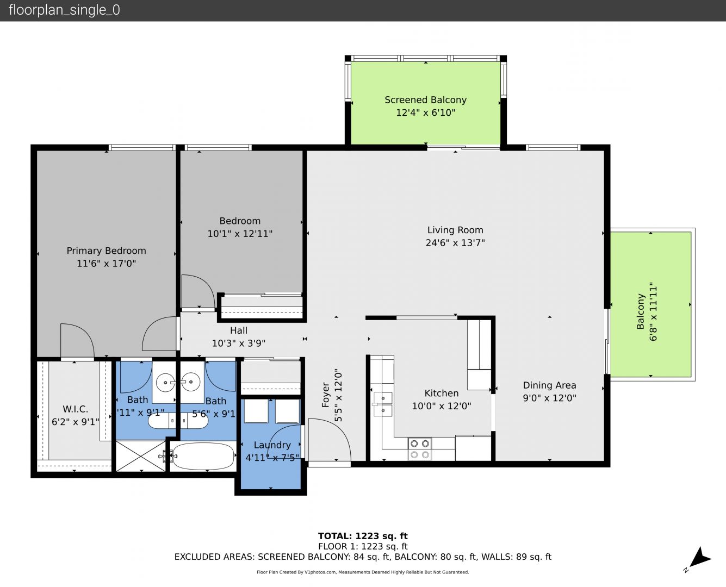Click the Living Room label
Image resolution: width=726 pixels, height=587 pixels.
pos(455,230)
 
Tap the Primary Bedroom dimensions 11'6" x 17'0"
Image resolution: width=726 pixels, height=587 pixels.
pos(107,264)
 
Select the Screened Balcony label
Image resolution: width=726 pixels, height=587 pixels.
pos(425,100)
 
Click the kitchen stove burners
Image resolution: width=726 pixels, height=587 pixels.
pos(420,449)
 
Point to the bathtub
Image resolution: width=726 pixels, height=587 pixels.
pos(202,456)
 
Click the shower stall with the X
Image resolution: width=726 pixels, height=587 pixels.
pos(141,456)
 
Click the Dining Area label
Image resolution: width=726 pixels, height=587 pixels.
pos(549,385)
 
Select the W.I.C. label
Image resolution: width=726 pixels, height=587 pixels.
pos(76,409)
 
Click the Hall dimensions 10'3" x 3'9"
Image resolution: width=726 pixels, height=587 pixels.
pos(239,343)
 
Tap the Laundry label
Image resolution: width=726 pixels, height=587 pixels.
pos(272,445)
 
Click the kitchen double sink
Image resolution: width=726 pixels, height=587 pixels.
pos(383,404)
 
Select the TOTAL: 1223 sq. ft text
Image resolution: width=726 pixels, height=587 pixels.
pos(363,536)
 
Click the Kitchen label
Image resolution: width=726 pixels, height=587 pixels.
pos(442,393)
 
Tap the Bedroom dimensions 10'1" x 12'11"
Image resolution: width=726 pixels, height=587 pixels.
pos(240,234)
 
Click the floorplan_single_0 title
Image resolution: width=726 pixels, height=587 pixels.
pos(64,10)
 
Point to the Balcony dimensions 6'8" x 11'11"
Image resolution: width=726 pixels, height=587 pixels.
pos(653,311)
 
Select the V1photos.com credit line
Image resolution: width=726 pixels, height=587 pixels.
pos(363,572)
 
